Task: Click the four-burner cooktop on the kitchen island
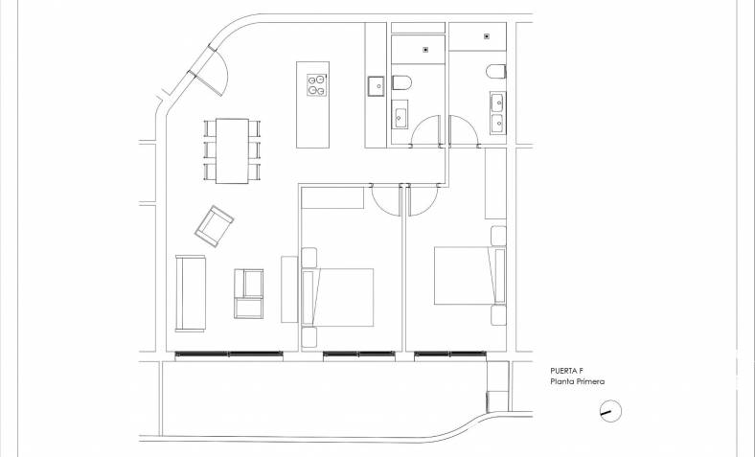tap(317, 85)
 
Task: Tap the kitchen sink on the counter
tap(376, 86)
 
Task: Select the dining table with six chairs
tap(232, 150)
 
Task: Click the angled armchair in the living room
tap(215, 226)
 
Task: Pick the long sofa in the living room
tap(191, 293)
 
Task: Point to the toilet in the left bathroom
tap(401, 82)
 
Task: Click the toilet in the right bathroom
tap(496, 71)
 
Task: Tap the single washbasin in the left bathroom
tap(400, 115)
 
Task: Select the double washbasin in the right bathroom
tap(498, 113)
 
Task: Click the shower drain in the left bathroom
tap(425, 50)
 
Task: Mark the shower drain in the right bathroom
tap(487, 36)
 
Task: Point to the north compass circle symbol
tap(611, 411)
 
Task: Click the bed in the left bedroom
tap(337, 297)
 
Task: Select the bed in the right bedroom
tap(469, 276)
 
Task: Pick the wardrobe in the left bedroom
tap(332, 198)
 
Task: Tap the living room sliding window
tap(229, 355)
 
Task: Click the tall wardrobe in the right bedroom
tap(495, 183)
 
